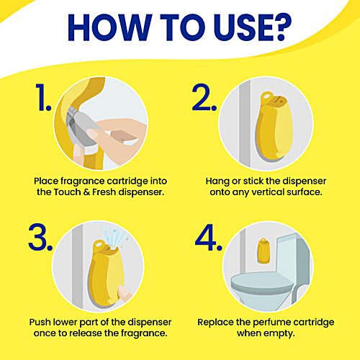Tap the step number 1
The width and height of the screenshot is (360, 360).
[x=43, y=97]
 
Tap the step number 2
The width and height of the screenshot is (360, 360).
[x=204, y=97]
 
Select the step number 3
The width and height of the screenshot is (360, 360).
[x=40, y=237]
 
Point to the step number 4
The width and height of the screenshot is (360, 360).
[x=209, y=237]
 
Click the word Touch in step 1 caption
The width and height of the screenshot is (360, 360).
[x=67, y=192]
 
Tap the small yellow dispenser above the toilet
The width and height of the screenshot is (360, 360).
[x=264, y=251]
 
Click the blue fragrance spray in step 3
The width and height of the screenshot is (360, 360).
[x=115, y=238]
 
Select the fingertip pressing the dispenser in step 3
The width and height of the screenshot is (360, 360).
[x=125, y=293]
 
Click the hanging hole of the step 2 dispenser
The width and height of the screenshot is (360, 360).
[x=266, y=96]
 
